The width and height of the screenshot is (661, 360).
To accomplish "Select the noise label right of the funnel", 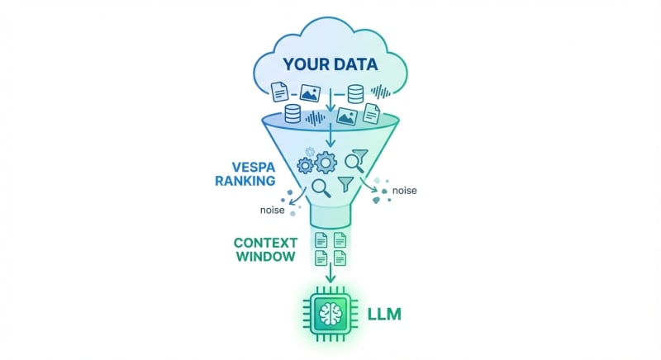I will [404, 191].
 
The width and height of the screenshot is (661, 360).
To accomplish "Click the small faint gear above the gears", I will [311, 152].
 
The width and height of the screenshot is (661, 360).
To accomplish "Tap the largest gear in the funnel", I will [326, 163].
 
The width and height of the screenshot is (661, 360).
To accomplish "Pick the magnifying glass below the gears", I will [321, 188].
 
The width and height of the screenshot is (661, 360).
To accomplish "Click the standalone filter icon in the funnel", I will [346, 182].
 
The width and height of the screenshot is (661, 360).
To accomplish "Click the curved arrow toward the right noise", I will [373, 192].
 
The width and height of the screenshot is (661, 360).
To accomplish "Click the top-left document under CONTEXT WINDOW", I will [321, 240].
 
